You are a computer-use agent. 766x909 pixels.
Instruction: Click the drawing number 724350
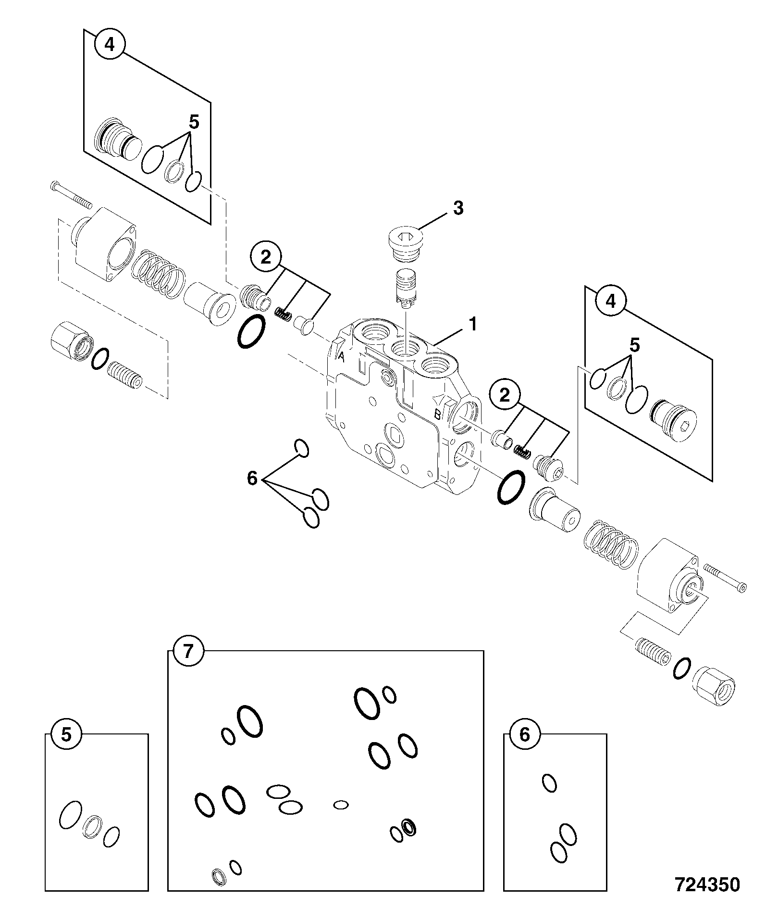click(x=707, y=884)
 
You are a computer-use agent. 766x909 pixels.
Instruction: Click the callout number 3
click(x=458, y=208)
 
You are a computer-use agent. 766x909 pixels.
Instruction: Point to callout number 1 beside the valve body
click(x=473, y=324)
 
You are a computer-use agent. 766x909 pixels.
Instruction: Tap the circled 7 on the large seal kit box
click(x=188, y=652)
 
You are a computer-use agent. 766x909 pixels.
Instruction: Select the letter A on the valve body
click(x=341, y=356)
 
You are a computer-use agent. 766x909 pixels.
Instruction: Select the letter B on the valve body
click(x=438, y=414)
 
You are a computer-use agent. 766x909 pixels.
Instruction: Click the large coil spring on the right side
click(x=610, y=543)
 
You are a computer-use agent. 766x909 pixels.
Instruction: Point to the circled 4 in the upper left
click(x=110, y=45)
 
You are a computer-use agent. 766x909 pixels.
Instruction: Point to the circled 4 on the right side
click(x=610, y=301)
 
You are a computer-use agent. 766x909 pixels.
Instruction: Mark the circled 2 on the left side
click(x=265, y=258)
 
